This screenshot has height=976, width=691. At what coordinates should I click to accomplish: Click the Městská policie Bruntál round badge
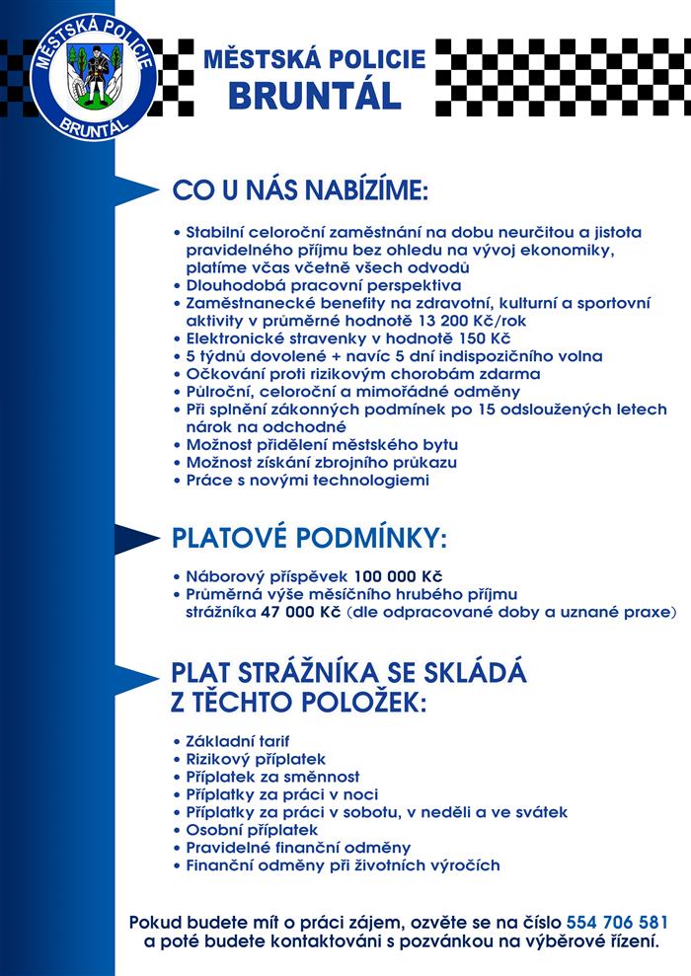tap(90, 77)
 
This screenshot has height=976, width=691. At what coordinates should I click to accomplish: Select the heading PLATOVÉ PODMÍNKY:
tap(310, 539)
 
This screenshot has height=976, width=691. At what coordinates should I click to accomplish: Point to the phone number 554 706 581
tap(618, 924)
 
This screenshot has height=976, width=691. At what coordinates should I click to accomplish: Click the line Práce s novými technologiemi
tap(308, 481)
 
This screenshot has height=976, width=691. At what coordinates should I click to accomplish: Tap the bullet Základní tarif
tap(238, 740)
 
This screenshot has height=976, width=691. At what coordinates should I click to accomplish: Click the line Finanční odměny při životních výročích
tap(343, 865)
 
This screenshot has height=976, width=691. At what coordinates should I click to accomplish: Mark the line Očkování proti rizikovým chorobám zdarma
tap(363, 374)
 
